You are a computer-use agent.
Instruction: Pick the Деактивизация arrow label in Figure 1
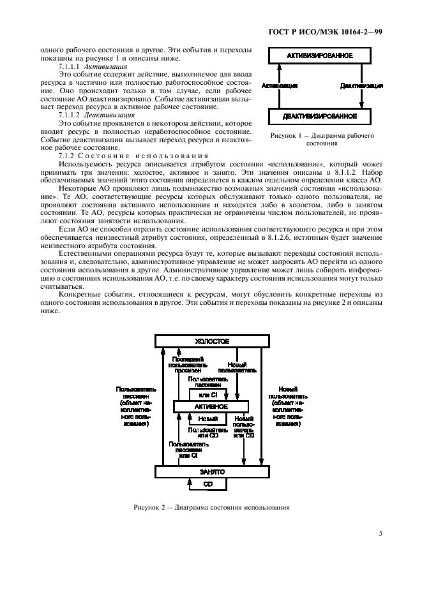pyautogui.click(x=361, y=85)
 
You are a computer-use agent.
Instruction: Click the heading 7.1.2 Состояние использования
pyautogui.click(x=133, y=156)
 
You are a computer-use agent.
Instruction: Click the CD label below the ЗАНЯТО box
pyautogui.click(x=207, y=484)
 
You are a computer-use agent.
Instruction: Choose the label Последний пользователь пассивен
pyautogui.click(x=189, y=364)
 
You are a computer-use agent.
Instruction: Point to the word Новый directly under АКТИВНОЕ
pyautogui.click(x=207, y=419)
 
